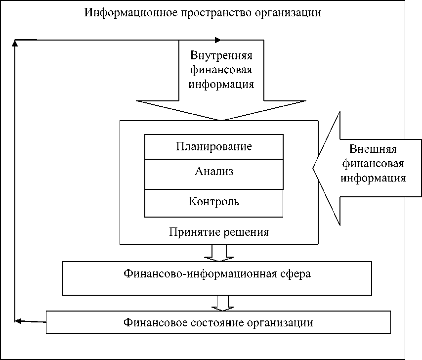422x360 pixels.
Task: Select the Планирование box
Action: pos(213,146)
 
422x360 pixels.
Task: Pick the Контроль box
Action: pos(213,202)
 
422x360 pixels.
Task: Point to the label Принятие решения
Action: pos(218,231)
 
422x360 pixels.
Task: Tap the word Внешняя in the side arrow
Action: pos(373,149)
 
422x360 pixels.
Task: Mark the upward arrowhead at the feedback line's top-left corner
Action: pos(15,43)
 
